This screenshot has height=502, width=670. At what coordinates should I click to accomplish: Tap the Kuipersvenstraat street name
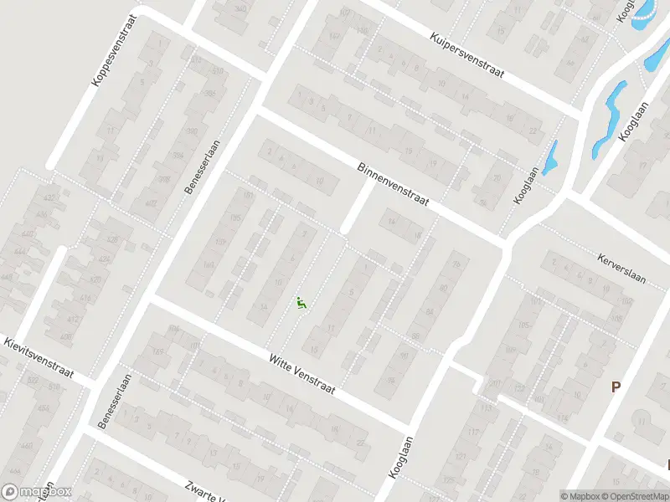pos(467,55)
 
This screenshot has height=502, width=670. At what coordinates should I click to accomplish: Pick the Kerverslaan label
pos(621,267)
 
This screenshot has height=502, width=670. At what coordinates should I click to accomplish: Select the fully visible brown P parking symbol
pos(616,387)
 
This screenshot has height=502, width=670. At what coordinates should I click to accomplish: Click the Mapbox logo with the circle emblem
pos(35,492)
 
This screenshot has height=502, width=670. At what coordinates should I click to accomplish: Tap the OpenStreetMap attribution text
pos(634,496)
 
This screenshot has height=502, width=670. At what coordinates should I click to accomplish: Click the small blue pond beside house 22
pos(550,159)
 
